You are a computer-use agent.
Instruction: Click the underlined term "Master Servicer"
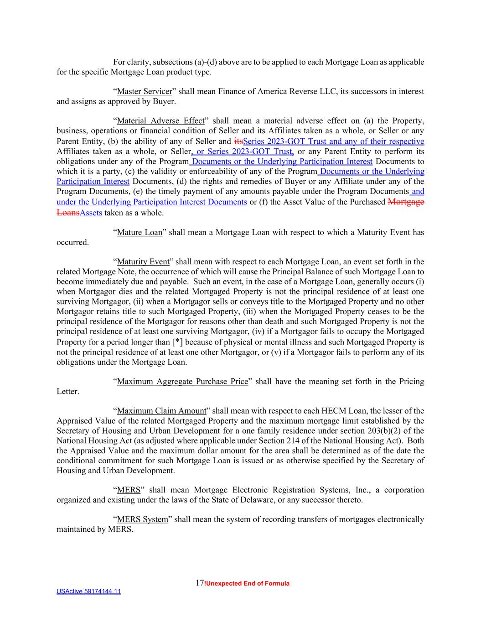(x=145, y=91)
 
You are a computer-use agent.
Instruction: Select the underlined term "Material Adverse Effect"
(x=161, y=121)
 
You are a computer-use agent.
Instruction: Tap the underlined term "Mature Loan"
(x=140, y=232)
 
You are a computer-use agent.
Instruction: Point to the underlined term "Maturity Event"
(x=143, y=262)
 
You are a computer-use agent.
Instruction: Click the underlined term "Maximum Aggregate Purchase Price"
(x=182, y=382)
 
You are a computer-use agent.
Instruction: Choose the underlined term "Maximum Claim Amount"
(x=161, y=411)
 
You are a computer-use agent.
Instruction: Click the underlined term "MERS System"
(x=142, y=519)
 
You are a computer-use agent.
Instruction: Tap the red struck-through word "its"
(x=238, y=141)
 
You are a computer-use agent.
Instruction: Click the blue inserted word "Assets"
(x=91, y=213)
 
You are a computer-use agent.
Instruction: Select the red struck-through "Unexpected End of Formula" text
(x=248, y=584)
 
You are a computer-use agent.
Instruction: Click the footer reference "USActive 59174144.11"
(x=88, y=592)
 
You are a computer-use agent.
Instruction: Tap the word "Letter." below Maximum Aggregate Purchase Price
(x=67, y=392)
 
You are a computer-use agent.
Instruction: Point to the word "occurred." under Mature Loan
(x=72, y=242)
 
